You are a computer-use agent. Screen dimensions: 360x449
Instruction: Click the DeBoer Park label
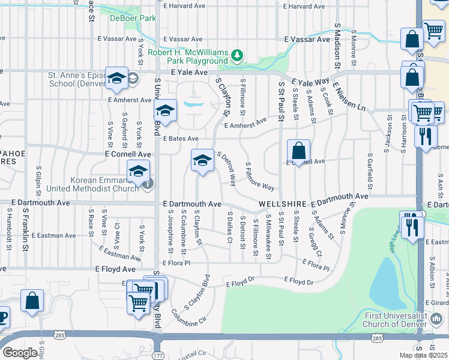pos(133,19)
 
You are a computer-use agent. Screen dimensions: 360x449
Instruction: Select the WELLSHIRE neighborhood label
pos(283,205)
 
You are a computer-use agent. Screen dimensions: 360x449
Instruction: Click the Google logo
pos(20,353)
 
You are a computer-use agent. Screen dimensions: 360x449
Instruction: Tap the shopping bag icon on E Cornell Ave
pos(298,149)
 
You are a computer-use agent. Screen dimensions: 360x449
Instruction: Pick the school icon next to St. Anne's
pos(116,77)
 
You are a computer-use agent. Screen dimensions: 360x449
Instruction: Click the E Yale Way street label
pos(310,82)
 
